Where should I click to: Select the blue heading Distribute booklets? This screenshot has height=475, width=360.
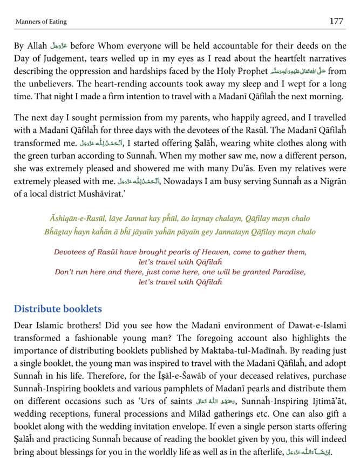(x=58, y=309)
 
